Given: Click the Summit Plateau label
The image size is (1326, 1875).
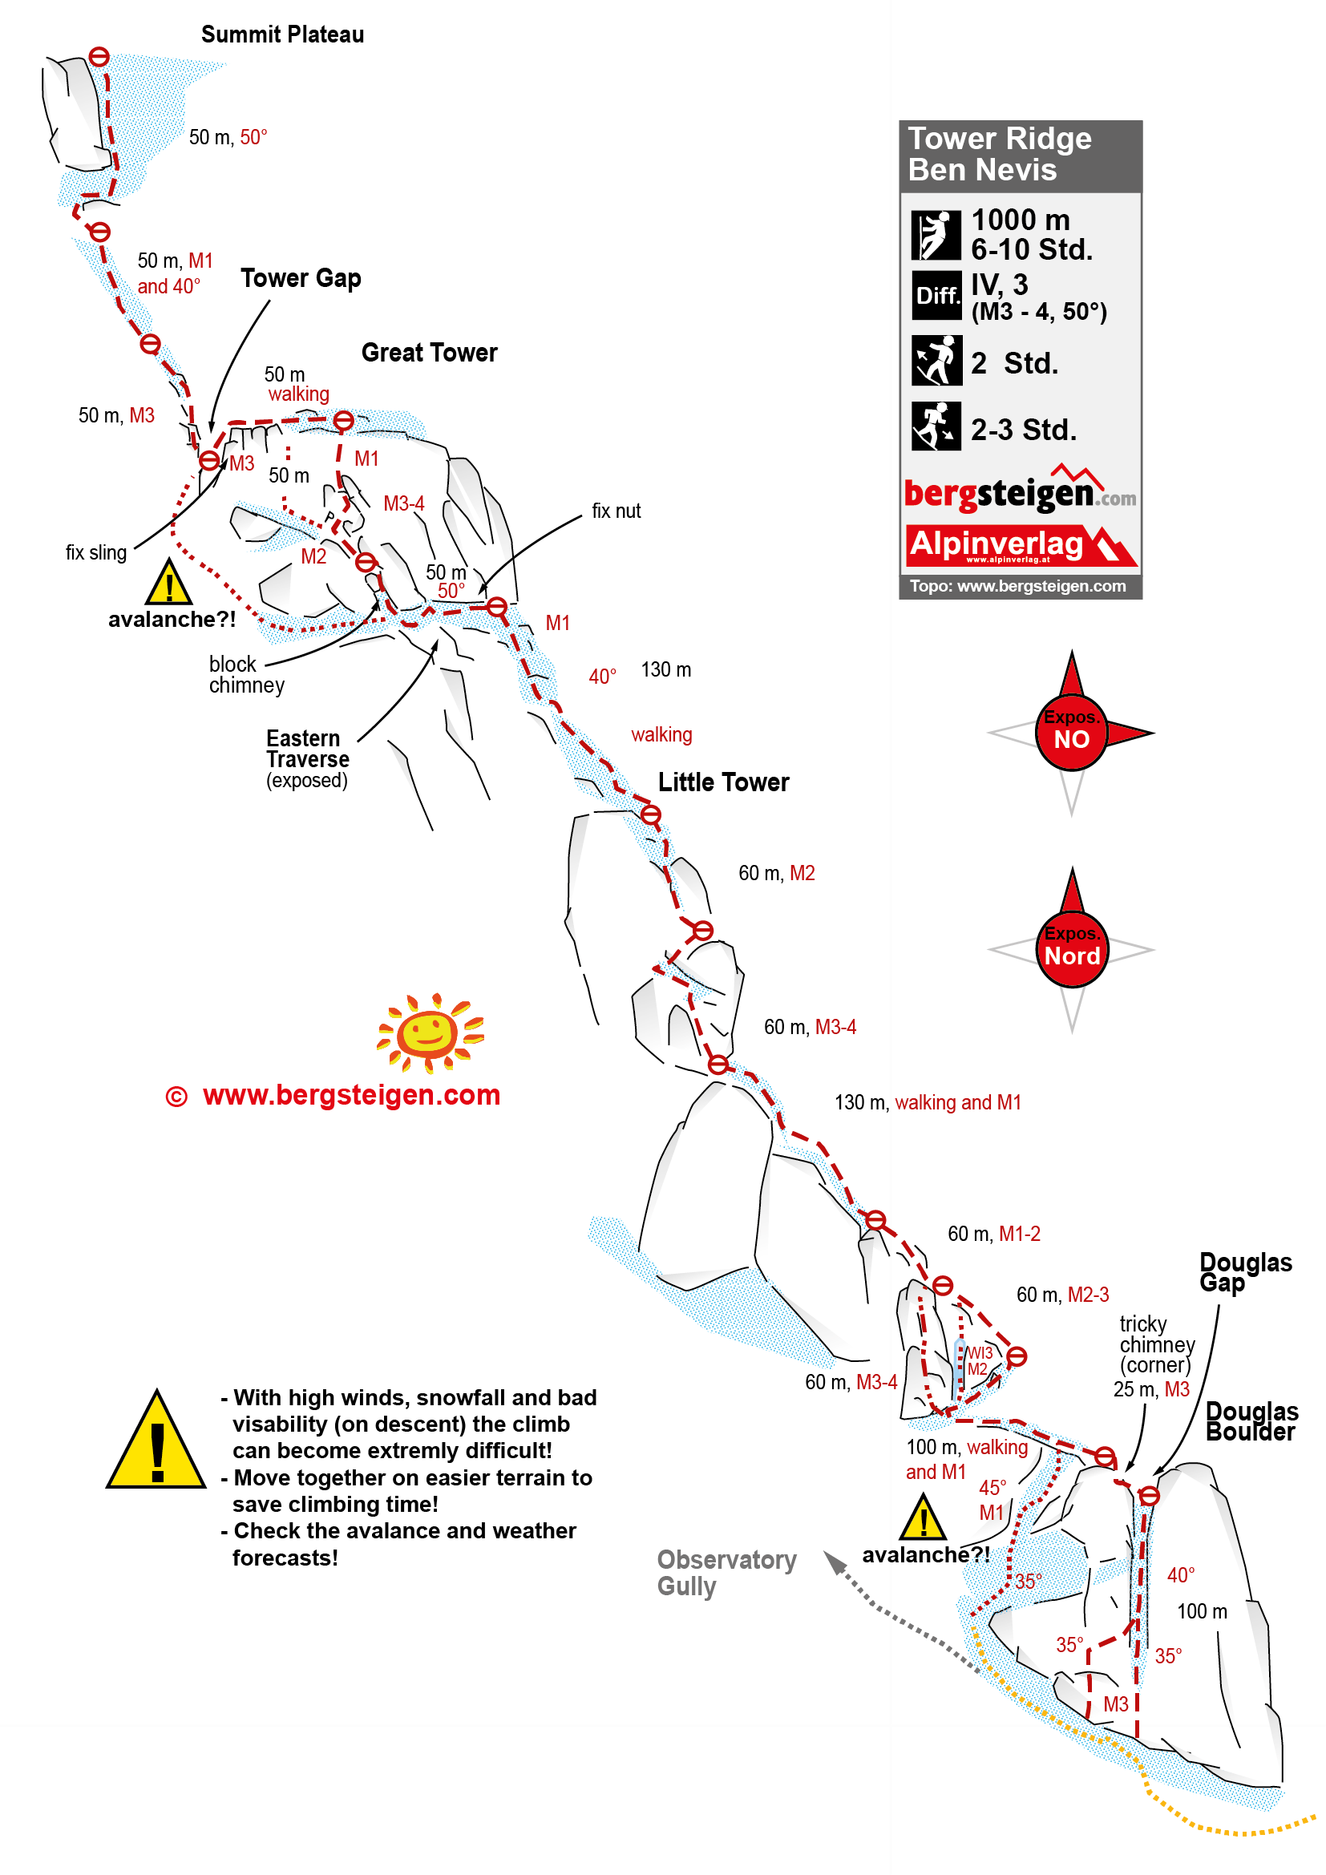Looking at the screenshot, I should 282,34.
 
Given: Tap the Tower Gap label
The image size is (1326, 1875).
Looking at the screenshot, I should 301,278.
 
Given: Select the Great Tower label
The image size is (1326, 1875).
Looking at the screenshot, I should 430,353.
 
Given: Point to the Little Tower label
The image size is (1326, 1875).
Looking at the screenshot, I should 723,782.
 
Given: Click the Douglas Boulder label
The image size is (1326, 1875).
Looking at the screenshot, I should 1250,1421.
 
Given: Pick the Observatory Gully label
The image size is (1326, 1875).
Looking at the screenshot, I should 726,1572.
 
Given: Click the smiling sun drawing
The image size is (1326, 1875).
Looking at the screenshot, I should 431,1033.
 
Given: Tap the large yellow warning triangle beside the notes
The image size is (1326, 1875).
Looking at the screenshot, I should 156,1442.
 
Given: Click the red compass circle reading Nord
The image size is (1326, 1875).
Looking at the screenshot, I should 1072,951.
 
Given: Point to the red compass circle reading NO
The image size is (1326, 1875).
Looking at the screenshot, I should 1072,733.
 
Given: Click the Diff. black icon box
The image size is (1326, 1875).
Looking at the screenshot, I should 936,296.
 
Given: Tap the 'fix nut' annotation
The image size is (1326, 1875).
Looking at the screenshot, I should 617,511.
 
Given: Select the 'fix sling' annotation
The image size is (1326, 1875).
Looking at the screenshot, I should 96,553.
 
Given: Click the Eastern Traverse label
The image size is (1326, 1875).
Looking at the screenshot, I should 308,758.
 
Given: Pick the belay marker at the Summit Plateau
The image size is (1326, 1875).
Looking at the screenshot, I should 99,56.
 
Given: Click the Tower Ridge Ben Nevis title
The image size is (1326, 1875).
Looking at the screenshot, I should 1000,155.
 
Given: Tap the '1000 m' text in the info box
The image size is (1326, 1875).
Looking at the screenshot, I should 1021,220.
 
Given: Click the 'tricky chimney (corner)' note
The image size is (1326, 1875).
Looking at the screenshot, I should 1156,1344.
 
